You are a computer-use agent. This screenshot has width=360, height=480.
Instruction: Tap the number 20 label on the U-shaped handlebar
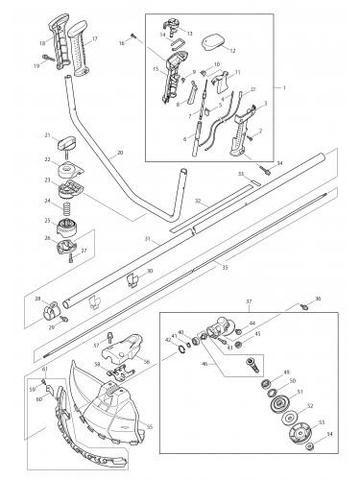click(x=118, y=153)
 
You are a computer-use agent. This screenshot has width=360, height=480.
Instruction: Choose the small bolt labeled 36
click(x=308, y=305)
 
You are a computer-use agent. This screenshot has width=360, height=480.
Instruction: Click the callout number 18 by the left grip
click(x=41, y=43)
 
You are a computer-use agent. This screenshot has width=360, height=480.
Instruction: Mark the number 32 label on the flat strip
click(x=197, y=203)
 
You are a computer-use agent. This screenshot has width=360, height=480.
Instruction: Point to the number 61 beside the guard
click(x=45, y=369)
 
